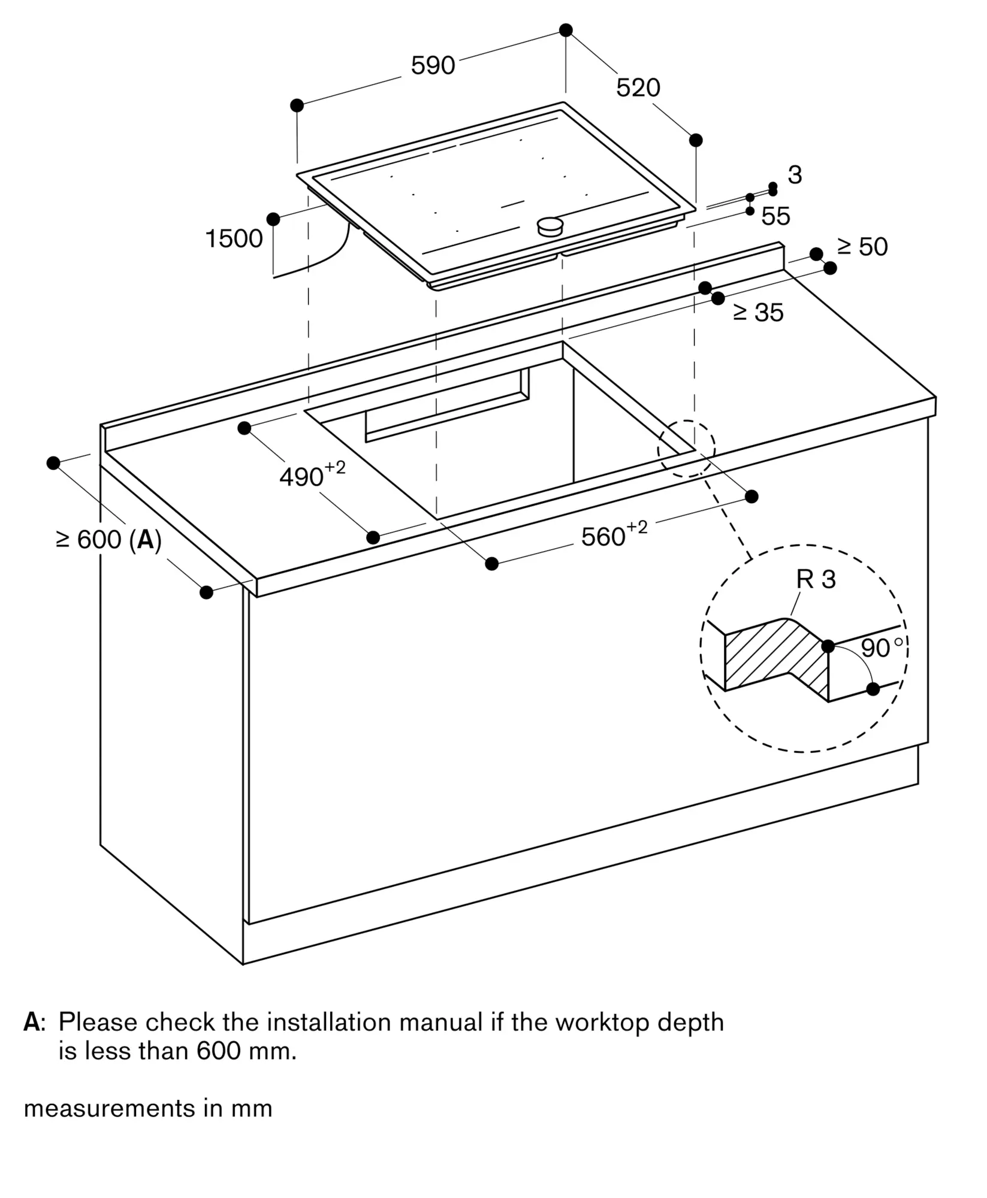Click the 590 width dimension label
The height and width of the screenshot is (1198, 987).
pyautogui.click(x=433, y=65)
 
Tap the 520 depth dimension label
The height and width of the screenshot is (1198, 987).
pyautogui.click(x=638, y=88)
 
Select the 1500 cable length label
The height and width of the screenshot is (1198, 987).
pyautogui.click(x=234, y=239)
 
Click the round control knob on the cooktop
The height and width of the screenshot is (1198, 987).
pyautogui.click(x=550, y=226)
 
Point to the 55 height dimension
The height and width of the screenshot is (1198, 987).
pyautogui.click(x=775, y=216)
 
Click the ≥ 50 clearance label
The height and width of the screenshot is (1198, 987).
pyautogui.click(x=862, y=247)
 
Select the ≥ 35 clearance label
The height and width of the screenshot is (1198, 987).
pyautogui.click(x=758, y=313)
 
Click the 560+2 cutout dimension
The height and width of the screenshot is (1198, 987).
pyautogui.click(x=614, y=535)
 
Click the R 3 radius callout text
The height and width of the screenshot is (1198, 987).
pyautogui.click(x=816, y=579)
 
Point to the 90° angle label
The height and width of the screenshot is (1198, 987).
pyautogui.click(x=880, y=648)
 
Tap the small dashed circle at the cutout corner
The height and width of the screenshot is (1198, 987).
pyautogui.click(x=686, y=449)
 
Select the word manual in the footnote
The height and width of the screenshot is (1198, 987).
pyautogui.click(x=440, y=1022)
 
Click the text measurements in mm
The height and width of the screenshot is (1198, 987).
pyautogui.click(x=148, y=1109)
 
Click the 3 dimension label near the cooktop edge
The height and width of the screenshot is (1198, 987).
pyautogui.click(x=794, y=175)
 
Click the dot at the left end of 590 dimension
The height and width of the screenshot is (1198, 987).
pyautogui.click(x=297, y=105)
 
